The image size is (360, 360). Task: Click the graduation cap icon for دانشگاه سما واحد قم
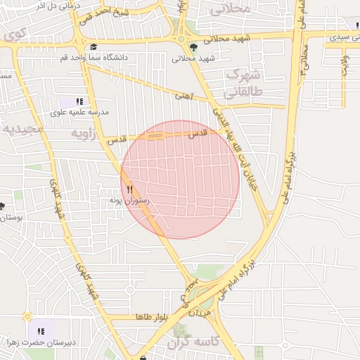pyautogui.click(x=94, y=47)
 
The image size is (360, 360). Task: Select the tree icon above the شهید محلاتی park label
pyautogui.click(x=193, y=48)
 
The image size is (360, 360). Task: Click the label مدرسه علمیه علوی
pyautogui.click(x=79, y=112)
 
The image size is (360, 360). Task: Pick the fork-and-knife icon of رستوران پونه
pyautogui.click(x=129, y=190)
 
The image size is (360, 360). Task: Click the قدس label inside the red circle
pyautogui.click(x=198, y=132)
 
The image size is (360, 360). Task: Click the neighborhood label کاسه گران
pyautogui.click(x=195, y=342)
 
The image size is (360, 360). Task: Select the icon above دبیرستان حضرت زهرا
pyautogui.click(x=40, y=331)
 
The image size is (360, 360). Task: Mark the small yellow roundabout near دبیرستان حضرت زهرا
pyautogui.click(x=27, y=316)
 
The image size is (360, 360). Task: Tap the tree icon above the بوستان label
pyautogui.click(x=3, y=207)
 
